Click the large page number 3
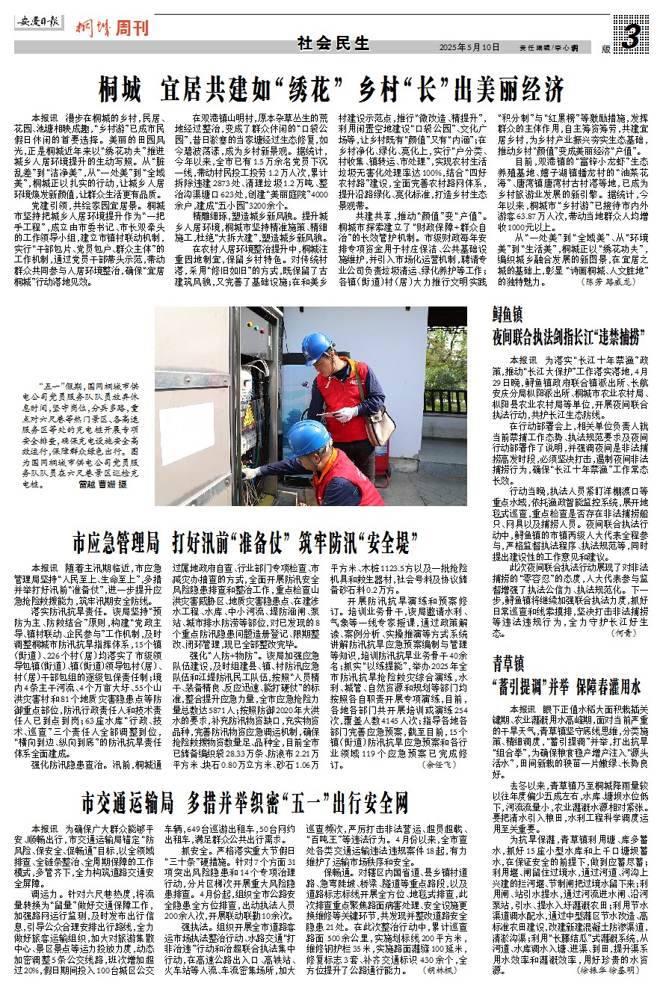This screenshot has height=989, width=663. pyautogui.click(x=632, y=35)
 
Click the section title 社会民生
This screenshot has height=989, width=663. pyautogui.click(x=324, y=43)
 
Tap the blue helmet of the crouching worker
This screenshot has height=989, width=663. pyautogui.click(x=309, y=437)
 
